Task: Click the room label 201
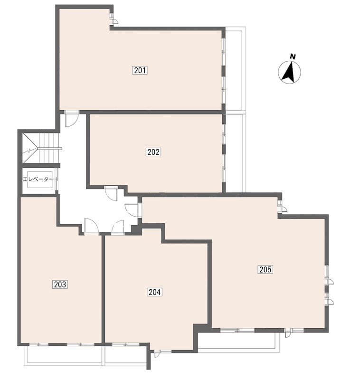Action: coord(140,70)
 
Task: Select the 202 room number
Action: coord(153,152)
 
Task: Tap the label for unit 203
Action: coord(60,284)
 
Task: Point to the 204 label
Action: coord(154,292)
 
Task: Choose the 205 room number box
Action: coord(265,269)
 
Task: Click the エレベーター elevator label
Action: coord(38,180)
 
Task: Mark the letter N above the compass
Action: coord(293,57)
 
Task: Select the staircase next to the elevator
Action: coord(41,148)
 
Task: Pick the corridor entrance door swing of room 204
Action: coord(118,227)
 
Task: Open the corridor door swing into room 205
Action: coord(132,209)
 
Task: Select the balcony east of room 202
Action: coord(236,152)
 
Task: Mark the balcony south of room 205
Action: coord(238,342)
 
